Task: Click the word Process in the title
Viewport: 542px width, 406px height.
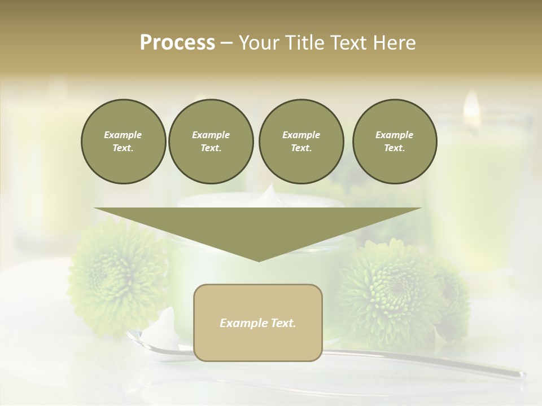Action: (x=177, y=43)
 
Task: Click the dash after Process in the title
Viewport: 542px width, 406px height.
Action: (x=227, y=43)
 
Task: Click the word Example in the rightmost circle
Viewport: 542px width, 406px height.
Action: (x=394, y=135)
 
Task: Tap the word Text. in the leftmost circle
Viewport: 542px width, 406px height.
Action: (x=123, y=148)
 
